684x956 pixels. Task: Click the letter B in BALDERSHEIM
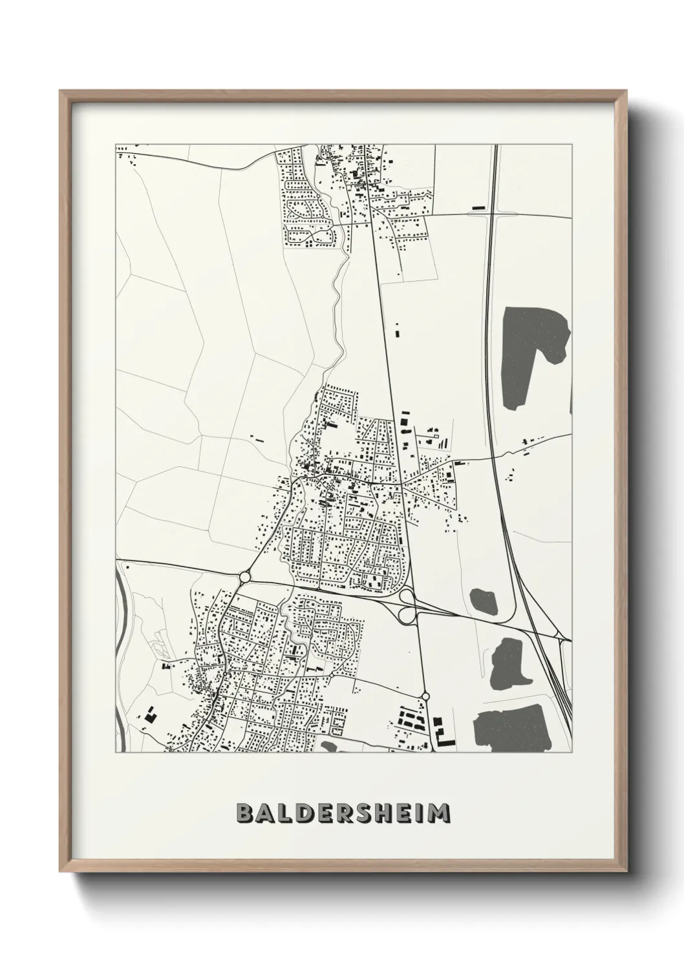(245, 813)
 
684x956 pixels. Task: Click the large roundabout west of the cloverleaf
(244, 577)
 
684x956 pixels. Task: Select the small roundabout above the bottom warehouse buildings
(425, 696)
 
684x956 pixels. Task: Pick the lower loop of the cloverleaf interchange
(407, 616)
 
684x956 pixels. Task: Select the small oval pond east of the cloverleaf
(484, 602)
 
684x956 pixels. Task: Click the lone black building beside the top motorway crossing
(478, 207)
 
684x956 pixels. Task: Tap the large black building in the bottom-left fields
(150, 715)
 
